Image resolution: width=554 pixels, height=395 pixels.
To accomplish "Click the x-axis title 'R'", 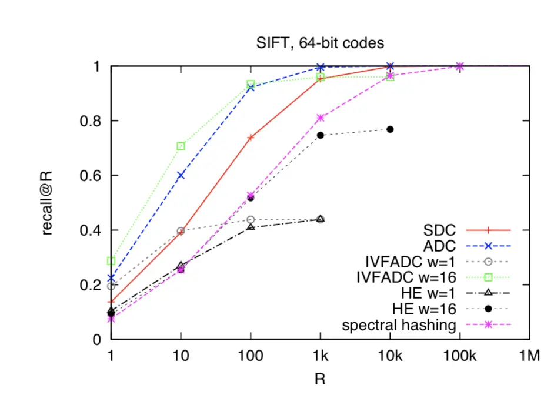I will (320, 379).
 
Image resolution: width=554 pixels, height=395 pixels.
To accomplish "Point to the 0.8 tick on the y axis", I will (92, 121).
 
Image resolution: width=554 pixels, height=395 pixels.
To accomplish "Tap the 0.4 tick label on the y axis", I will (92, 230).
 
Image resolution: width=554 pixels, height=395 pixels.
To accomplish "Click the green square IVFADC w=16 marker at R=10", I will (181, 146).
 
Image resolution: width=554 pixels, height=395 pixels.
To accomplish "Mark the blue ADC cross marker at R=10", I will (181, 175).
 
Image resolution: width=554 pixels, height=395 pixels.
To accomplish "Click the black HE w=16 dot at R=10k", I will (390, 129).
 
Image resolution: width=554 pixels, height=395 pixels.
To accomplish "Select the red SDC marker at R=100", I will (251, 138).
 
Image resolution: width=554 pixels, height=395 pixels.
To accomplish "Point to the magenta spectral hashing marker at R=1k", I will (321, 118).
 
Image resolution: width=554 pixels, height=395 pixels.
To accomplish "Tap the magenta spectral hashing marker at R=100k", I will (460, 66).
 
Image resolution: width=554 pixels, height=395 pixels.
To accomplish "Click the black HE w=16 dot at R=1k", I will (321, 135).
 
